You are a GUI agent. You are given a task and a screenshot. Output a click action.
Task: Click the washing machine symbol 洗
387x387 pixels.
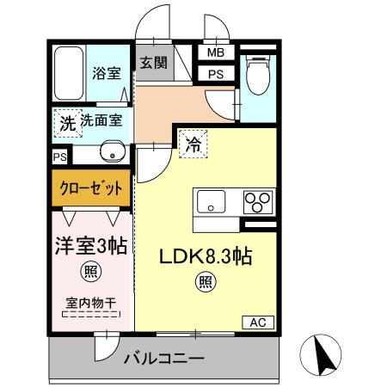[66, 123]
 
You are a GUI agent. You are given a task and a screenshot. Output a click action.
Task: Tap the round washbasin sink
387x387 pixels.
[109, 153]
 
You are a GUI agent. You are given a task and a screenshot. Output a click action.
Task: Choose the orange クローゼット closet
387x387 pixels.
[90, 187]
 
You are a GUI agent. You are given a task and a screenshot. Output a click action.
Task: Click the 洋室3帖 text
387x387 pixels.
[90, 246]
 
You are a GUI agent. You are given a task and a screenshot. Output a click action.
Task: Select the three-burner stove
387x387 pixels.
[255, 201]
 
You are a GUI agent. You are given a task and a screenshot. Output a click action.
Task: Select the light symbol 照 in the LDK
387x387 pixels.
[205, 280]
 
